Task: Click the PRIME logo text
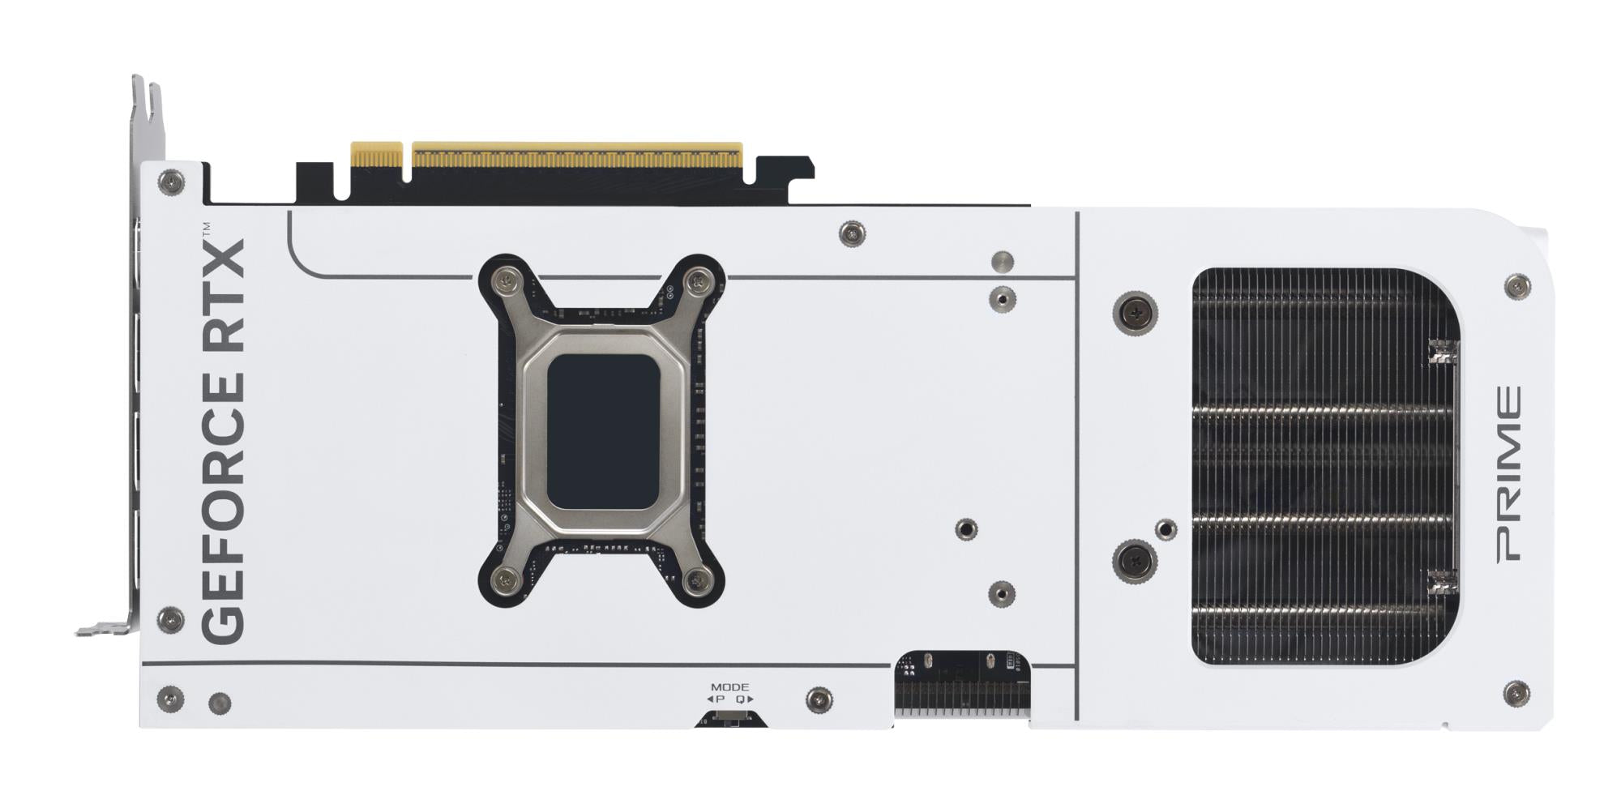1508,474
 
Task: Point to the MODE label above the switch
729,686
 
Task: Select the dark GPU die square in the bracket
602,431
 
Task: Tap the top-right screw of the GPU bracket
697,281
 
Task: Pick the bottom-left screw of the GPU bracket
506,579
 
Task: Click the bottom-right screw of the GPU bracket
698,579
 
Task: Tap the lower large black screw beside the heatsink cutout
1136,559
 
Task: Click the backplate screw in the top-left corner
171,182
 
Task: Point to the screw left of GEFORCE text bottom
170,620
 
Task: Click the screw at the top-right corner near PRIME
1516,286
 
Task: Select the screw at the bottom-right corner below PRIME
1516,693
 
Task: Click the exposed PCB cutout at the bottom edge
962,685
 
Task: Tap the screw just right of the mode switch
819,699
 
